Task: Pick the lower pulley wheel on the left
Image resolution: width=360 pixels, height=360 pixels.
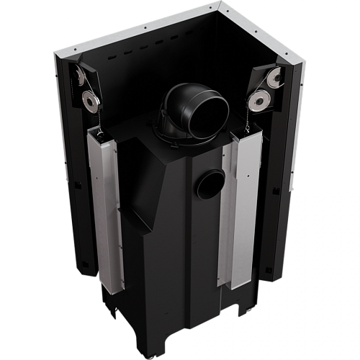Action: coord(91,100)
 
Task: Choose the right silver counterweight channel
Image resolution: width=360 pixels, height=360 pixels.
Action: coord(241,209)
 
